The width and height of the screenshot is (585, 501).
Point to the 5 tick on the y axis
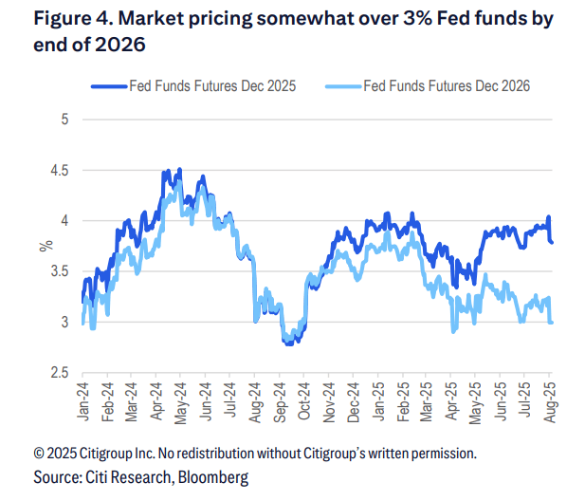[x=64, y=120]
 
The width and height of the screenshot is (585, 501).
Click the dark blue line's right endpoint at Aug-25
[x=553, y=242]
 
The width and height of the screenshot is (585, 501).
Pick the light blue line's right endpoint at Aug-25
[x=553, y=323]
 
